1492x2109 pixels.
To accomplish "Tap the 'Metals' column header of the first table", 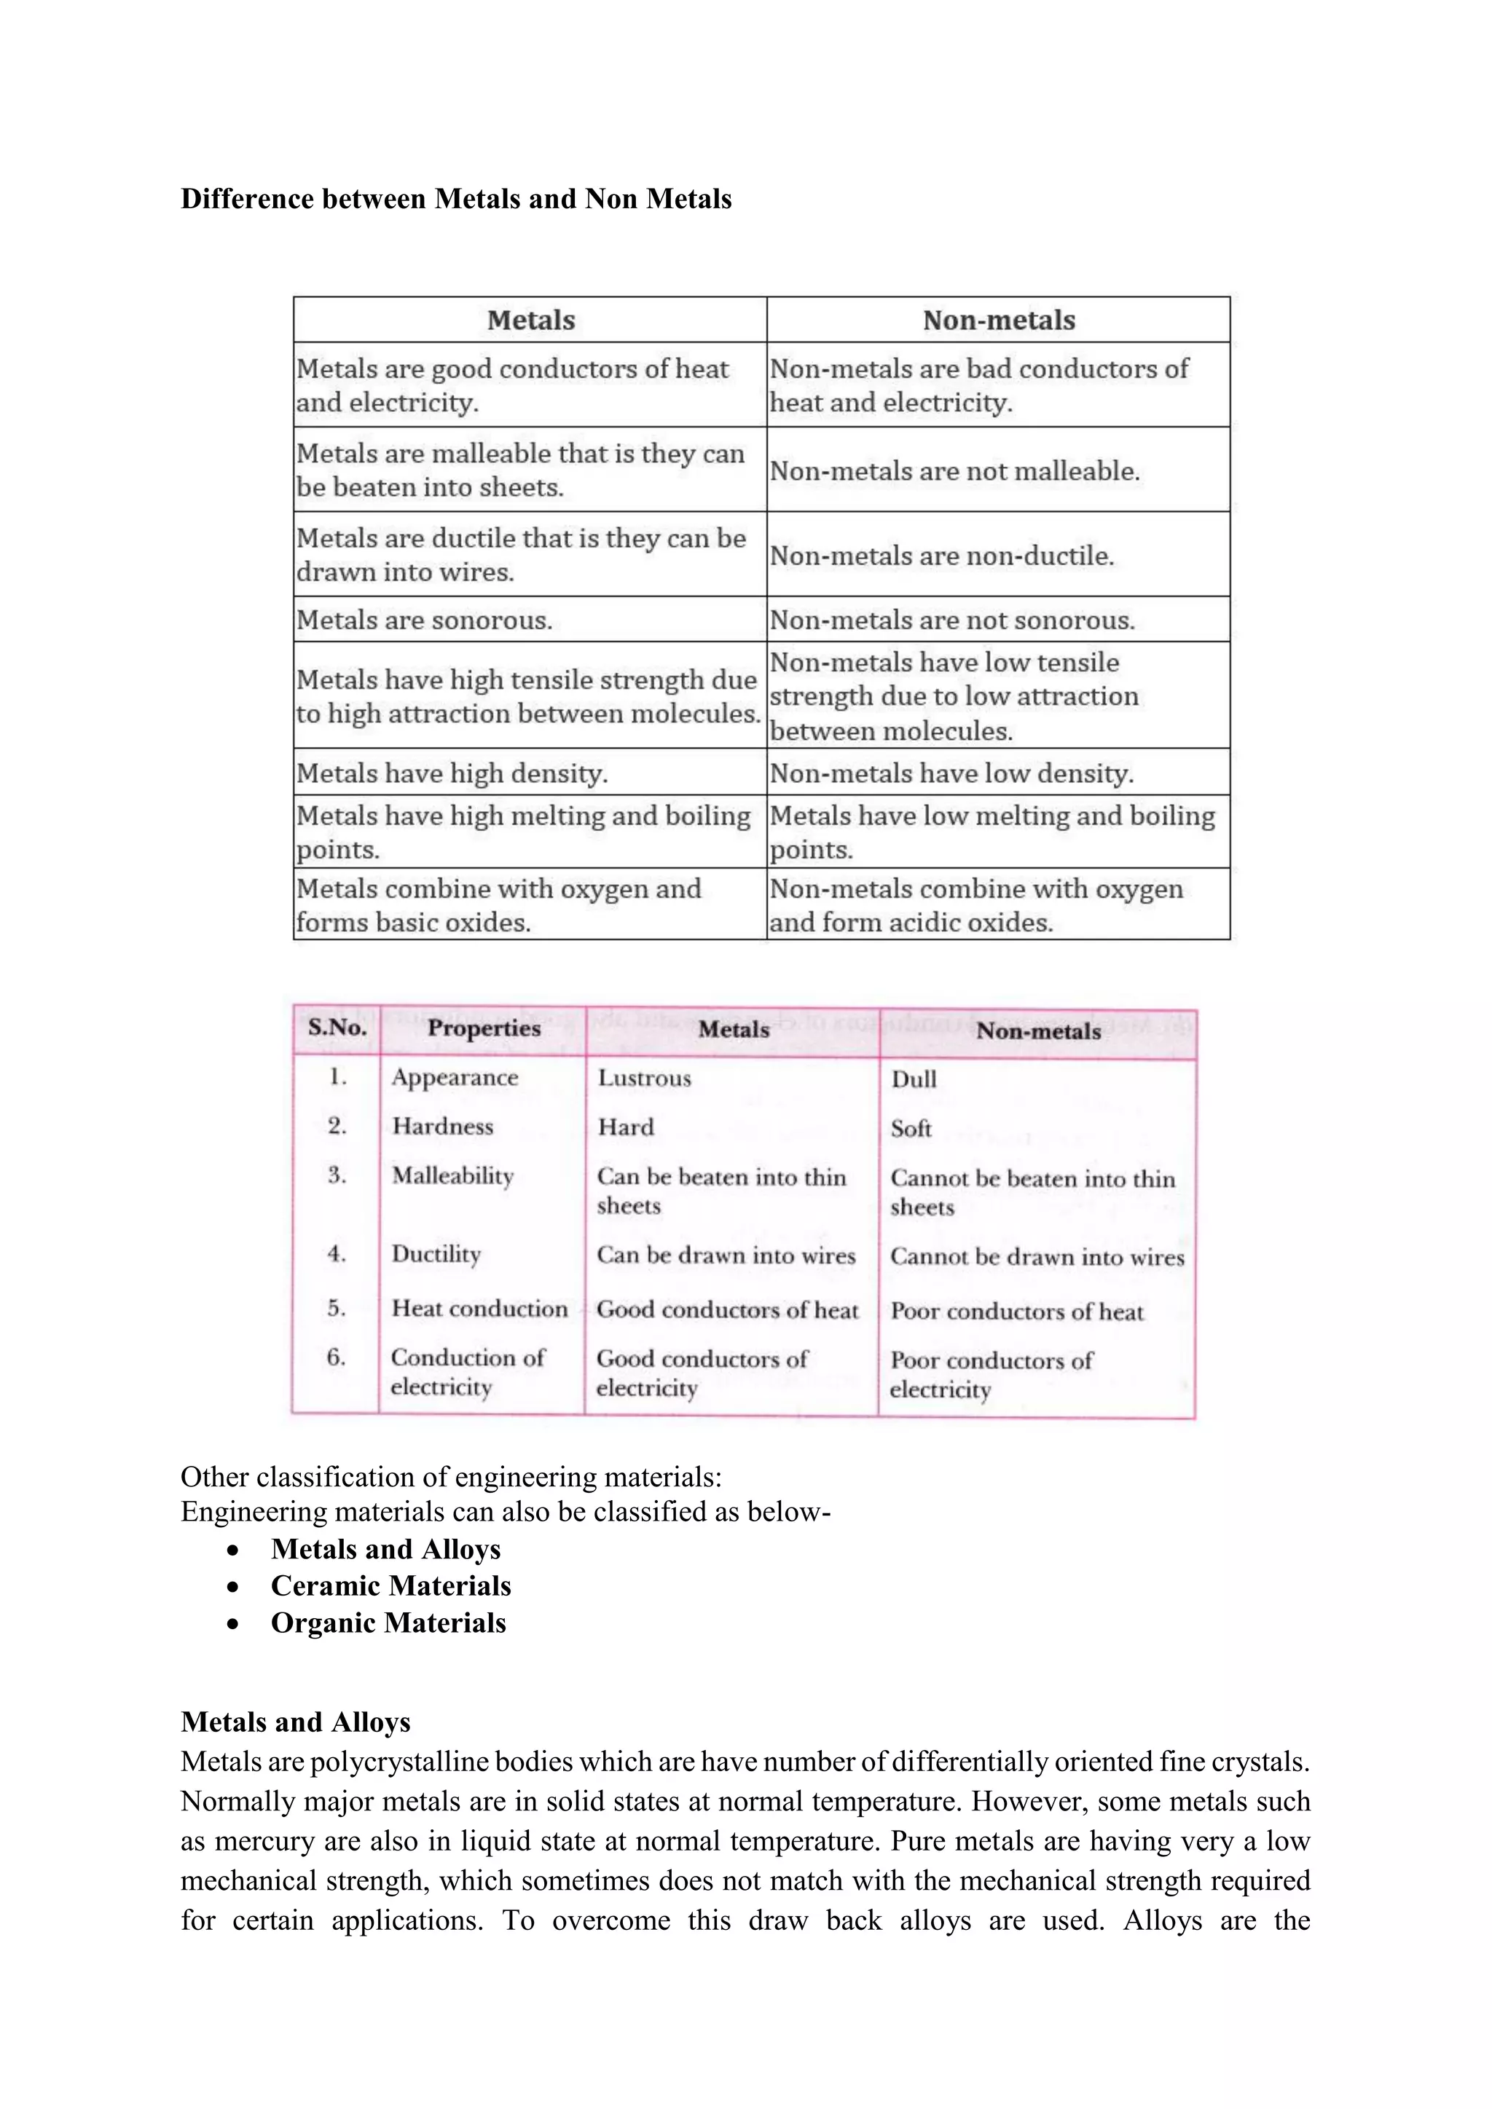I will (530, 320).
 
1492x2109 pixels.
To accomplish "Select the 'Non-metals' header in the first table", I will (998, 320).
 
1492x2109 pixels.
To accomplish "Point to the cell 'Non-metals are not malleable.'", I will (954, 471).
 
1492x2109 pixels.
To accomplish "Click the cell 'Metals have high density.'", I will (451, 773).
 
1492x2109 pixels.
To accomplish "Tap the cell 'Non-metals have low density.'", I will (951, 773).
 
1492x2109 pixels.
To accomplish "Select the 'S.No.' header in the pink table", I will (337, 1028).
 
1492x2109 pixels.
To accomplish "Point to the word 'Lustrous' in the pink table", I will (644, 1079).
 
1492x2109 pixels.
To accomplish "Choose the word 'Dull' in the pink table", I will (914, 1079).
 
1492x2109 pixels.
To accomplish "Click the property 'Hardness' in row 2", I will (442, 1127).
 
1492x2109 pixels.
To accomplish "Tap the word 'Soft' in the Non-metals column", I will (911, 1129).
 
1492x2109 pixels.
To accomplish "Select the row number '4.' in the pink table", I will (337, 1255).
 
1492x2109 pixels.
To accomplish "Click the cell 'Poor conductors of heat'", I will (1016, 1312).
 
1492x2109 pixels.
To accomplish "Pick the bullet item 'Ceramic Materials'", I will (390, 1586).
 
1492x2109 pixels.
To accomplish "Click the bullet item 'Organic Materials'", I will (388, 1623).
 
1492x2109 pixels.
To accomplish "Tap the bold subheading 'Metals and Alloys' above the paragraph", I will (295, 1722).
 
